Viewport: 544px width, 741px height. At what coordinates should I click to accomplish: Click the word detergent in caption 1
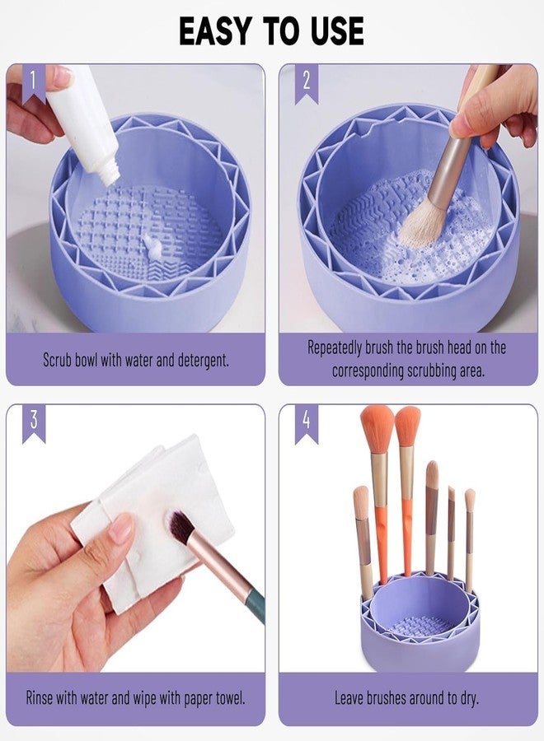[198, 360]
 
